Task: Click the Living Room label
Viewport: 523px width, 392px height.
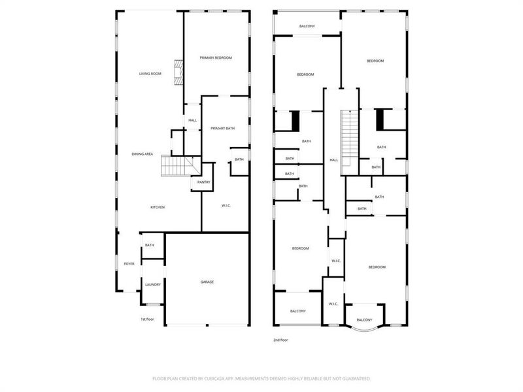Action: pyautogui.click(x=150, y=74)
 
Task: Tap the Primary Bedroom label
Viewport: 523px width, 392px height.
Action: pyautogui.click(x=216, y=58)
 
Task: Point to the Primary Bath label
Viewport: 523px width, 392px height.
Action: pyautogui.click(x=222, y=128)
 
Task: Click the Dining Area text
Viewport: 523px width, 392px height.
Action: pyautogui.click(x=143, y=154)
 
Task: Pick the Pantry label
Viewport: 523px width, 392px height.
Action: pyautogui.click(x=203, y=182)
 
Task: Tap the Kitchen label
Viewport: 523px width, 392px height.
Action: pyautogui.click(x=158, y=207)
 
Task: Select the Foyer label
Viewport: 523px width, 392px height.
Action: pyautogui.click(x=129, y=264)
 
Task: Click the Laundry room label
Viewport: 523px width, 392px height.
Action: pyautogui.click(x=152, y=284)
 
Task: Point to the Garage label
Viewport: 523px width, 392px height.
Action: pyautogui.click(x=207, y=282)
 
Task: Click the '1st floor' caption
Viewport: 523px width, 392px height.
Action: pyautogui.click(x=147, y=319)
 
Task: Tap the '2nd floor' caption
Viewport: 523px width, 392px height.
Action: pyautogui.click(x=280, y=340)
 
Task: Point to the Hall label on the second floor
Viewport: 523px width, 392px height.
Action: pyautogui.click(x=333, y=160)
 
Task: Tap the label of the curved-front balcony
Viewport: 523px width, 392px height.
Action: pyautogui.click(x=364, y=319)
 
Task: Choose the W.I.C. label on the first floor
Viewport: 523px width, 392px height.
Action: pyautogui.click(x=227, y=206)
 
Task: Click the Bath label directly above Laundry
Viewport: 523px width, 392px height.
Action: pyautogui.click(x=150, y=245)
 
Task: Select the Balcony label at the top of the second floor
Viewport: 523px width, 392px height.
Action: pyautogui.click(x=307, y=26)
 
